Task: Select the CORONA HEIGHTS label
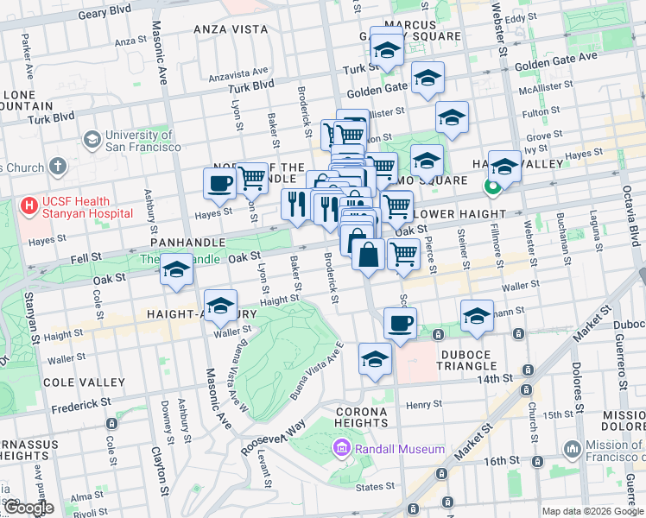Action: coord(361,417)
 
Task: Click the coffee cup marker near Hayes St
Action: coord(219,183)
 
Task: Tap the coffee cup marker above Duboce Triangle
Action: coord(400,323)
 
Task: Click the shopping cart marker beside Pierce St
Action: coord(404,254)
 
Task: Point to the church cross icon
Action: coord(58,166)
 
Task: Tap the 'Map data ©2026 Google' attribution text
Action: coord(592,511)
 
